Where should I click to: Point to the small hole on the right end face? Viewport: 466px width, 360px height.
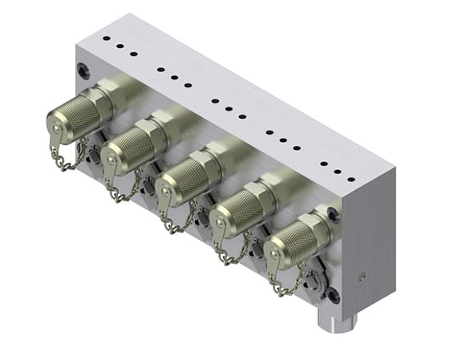coord(363,275)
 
